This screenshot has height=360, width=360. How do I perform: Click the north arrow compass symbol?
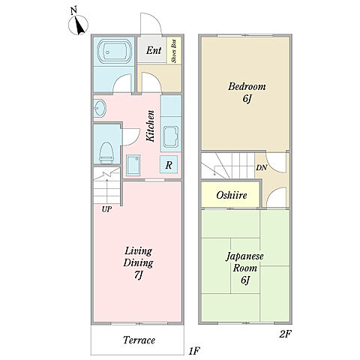[x=78, y=25]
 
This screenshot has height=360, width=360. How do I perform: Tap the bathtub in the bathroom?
[x=114, y=52]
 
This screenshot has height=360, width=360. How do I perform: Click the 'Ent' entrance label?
[x=154, y=50]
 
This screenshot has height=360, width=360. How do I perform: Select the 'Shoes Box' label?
[x=175, y=51]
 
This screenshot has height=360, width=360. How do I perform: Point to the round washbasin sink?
[x=100, y=109]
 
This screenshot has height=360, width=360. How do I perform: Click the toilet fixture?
[x=106, y=152]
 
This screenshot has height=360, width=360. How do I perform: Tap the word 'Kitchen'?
[x=150, y=126]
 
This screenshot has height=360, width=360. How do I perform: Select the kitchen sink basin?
[x=171, y=136]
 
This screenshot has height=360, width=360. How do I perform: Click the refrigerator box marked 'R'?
[x=169, y=164]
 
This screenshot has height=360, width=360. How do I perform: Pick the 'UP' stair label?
[x=106, y=209]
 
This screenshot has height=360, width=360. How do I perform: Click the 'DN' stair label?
[x=261, y=167]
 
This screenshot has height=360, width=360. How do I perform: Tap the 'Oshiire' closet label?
[x=232, y=195]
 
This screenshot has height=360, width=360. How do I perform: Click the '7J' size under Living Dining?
[x=138, y=275]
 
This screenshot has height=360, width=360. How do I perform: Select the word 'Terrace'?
[x=139, y=340]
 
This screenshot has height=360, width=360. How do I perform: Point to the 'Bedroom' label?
[x=247, y=87]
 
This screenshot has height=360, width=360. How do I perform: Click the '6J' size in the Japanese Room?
[x=245, y=280]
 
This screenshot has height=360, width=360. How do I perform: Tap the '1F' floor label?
[x=195, y=351]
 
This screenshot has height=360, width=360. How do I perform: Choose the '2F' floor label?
[x=285, y=334]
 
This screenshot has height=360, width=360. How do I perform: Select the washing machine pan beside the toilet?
[x=133, y=165]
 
